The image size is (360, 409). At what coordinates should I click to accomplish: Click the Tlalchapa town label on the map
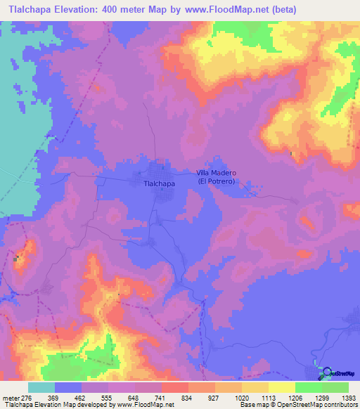[159, 183]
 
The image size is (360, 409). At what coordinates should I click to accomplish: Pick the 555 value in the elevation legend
[121, 397]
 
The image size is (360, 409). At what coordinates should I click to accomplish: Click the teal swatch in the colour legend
[41, 387]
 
